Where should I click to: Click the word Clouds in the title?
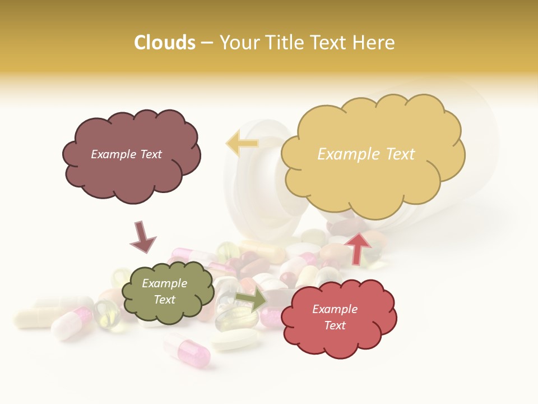pos(165,43)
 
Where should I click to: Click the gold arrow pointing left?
pos(242,144)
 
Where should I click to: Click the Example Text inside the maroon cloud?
pos(126,154)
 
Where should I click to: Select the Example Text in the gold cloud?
pos(366,154)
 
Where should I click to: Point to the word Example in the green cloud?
pos(164,283)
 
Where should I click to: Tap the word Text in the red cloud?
pos(335,325)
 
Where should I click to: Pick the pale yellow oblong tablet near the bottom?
pos(235,339)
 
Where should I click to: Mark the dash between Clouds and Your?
pos(207,43)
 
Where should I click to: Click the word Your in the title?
pos(239,43)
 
